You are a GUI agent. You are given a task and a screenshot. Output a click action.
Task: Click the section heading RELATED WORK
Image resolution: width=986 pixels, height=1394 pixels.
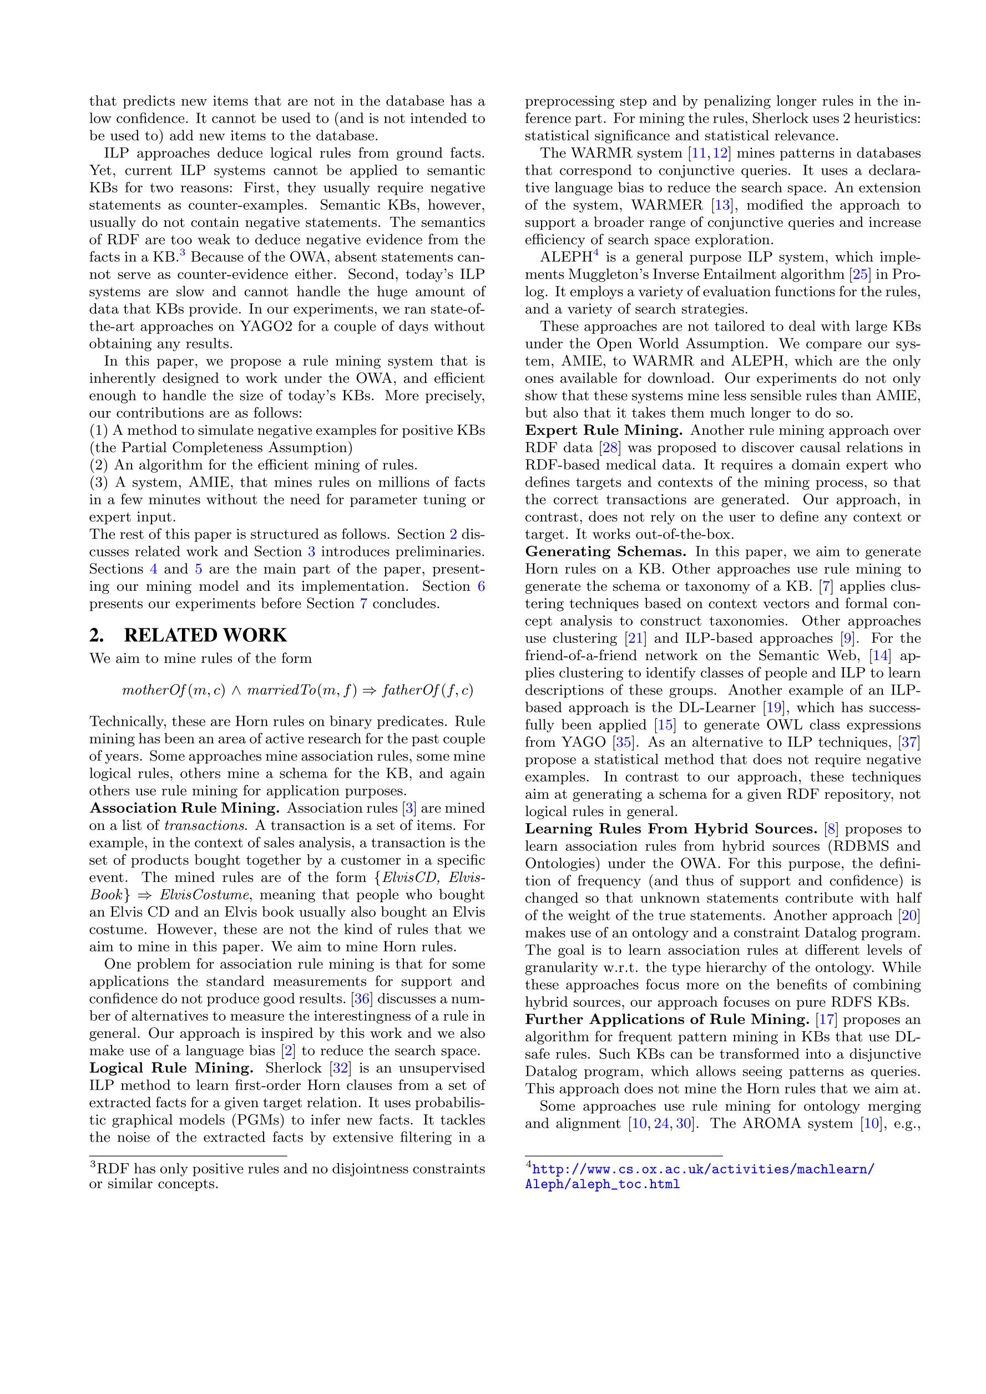[x=205, y=635]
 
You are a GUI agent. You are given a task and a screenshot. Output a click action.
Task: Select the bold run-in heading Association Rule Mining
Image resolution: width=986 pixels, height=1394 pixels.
[x=185, y=808]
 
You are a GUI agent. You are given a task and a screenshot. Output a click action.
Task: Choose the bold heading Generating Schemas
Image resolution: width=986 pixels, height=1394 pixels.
[x=605, y=552]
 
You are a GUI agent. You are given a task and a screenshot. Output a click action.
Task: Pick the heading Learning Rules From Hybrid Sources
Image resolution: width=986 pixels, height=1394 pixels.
[x=671, y=829]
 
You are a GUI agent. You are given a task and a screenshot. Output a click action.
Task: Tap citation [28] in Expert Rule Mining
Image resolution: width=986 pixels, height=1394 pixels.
[x=611, y=448]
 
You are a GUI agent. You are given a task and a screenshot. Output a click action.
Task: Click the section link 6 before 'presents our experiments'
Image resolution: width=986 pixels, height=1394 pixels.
[x=481, y=586]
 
